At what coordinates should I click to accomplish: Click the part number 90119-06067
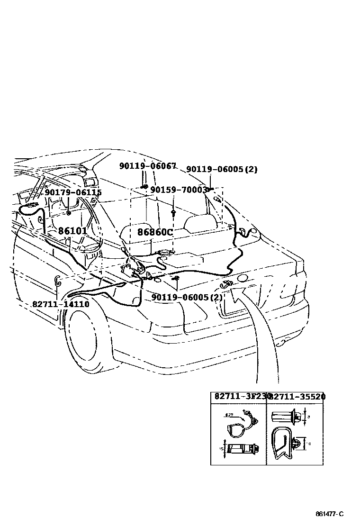click(x=147, y=166)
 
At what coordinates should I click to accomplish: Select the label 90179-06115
click(x=73, y=192)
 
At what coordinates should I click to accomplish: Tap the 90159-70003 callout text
click(x=179, y=190)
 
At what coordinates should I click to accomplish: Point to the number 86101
click(x=72, y=231)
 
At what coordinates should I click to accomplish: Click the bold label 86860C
click(x=155, y=232)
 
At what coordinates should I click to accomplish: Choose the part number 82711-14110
click(x=60, y=304)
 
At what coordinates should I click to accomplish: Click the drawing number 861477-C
click(x=329, y=514)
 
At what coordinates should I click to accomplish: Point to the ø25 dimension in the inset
click(x=229, y=415)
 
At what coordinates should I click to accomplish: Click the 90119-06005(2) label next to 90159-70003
click(x=221, y=170)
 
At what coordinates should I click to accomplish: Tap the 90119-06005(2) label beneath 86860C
click(x=187, y=298)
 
